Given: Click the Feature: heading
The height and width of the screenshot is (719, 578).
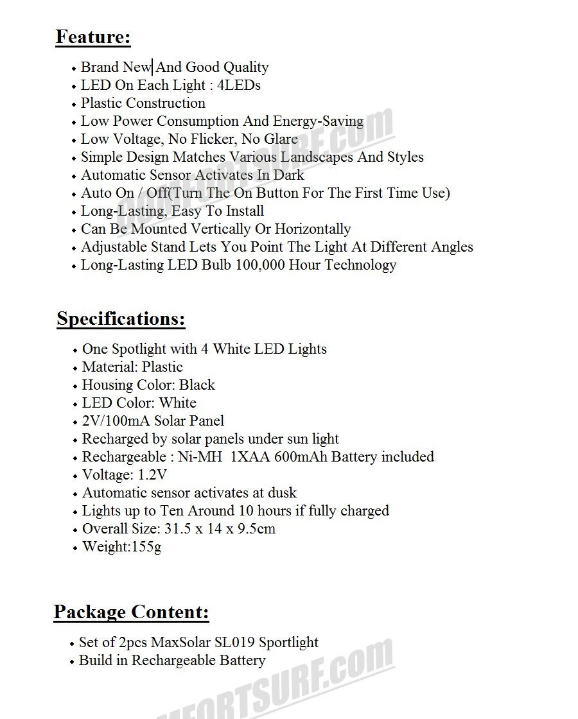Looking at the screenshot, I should click(x=93, y=37).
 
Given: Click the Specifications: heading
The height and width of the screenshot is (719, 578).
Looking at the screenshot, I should click(x=121, y=319).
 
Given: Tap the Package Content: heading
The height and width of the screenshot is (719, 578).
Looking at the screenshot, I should click(x=131, y=612).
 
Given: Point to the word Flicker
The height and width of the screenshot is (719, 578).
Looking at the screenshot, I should click(x=209, y=139).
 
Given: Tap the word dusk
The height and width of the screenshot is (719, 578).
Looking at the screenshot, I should click(x=283, y=493).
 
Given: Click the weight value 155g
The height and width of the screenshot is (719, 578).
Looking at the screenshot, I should click(x=146, y=547).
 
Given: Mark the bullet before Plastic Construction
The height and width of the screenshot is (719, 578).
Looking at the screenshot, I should click(x=74, y=105).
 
